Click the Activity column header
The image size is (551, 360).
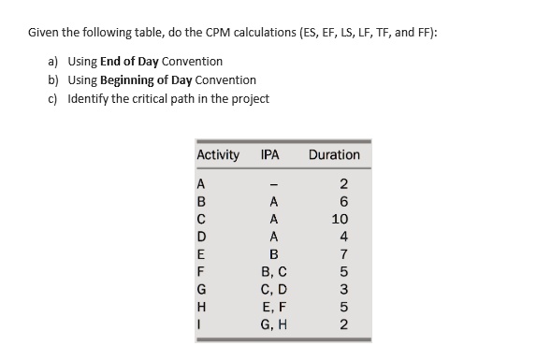217,154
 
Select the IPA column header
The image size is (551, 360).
271,154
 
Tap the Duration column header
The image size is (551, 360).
332,154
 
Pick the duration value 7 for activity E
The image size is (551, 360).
343,252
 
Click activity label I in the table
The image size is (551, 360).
200,324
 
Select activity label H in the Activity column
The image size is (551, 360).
201,306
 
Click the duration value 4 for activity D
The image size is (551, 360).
343,235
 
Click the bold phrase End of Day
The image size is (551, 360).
130,62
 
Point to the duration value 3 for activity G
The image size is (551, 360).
343,288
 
